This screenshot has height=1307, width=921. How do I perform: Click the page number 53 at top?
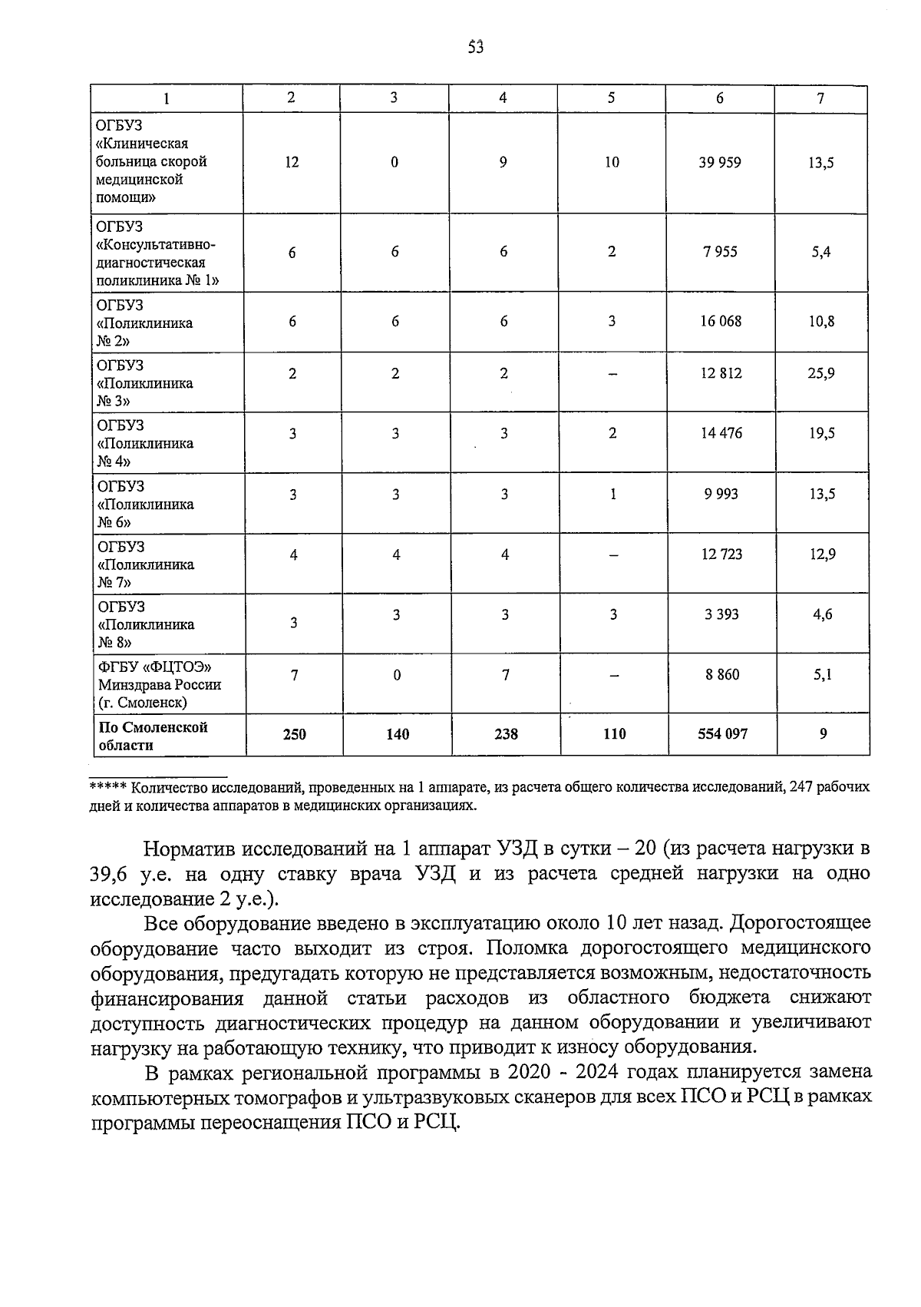coord(476,47)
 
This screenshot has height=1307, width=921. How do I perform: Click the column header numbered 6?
coord(719,98)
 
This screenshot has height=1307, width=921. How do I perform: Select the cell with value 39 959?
coord(719,162)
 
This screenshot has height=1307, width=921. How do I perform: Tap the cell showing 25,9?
coord(820,374)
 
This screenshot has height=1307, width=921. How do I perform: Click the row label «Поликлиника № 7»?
coord(146,564)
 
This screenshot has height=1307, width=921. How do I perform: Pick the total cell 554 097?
coord(722,734)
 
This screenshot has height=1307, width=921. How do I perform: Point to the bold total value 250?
coord(294,734)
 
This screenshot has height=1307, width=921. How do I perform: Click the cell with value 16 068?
coord(720,321)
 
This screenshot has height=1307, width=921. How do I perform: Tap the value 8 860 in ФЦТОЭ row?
coord(722,675)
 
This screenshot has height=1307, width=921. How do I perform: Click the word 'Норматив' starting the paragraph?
coord(189,849)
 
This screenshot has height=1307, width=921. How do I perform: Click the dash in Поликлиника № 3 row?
coord(612,374)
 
